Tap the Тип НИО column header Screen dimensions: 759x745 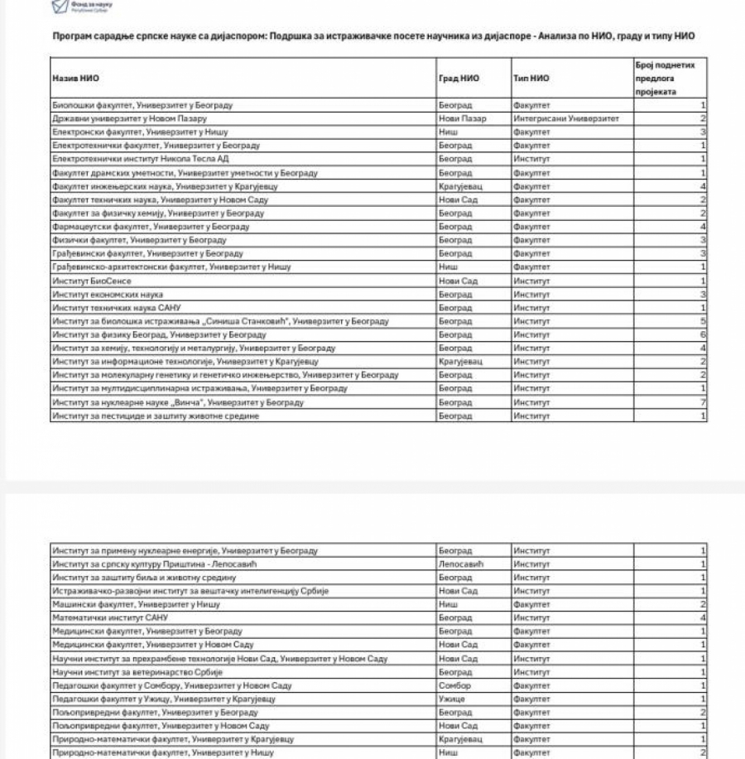530,78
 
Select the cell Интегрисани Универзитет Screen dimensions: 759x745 565,118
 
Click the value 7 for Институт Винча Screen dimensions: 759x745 703,402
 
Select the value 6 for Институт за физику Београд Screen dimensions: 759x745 703,335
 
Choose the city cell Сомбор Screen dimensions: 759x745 455,685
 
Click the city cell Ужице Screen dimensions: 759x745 453,699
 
